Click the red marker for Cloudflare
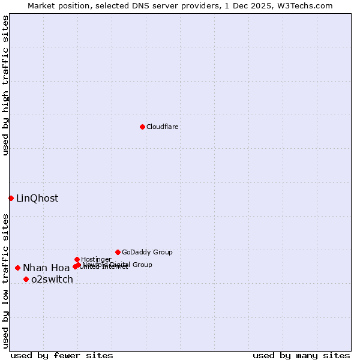coord(142,127)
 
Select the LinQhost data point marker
coord(11,198)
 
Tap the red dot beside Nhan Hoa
coord(18,268)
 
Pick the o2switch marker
coord(26,279)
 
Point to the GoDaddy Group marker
coord(118,252)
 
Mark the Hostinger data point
coord(77,259)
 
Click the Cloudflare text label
coord(162,127)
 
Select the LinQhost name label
coord(37,198)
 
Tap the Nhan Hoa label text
coord(46,268)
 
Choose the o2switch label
coord(52,279)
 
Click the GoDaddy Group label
coord(147,252)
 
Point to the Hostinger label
coord(96,259)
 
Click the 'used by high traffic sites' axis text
coord(5,86)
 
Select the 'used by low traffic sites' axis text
coord(5,280)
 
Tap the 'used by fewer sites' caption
coord(62,355)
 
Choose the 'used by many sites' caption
coord(301,355)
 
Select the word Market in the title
coord(42,5)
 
